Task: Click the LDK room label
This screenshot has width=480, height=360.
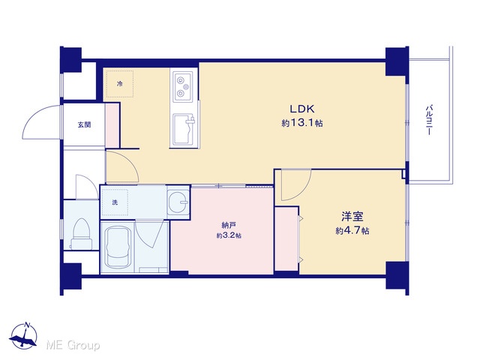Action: tap(302, 109)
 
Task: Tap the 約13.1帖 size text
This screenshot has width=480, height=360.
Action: tap(302, 123)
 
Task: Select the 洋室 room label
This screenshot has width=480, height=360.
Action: tap(352, 217)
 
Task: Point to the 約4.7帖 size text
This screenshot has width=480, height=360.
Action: tap(352, 230)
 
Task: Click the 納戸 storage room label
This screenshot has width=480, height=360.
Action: tap(229, 226)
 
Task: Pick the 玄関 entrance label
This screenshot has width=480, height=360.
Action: tap(84, 124)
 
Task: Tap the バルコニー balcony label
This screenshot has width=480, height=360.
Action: tap(429, 120)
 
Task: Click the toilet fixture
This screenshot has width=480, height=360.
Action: tap(82, 233)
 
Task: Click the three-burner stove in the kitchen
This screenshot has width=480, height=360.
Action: tap(183, 87)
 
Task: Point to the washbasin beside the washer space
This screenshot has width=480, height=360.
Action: tap(178, 202)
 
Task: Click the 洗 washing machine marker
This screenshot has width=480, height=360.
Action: tap(115, 202)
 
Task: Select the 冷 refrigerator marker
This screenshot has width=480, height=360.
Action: tap(120, 83)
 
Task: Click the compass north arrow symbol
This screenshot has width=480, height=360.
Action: tap(23, 336)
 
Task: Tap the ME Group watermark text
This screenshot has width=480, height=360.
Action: tap(73, 346)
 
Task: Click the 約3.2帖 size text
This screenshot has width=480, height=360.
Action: tap(229, 235)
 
